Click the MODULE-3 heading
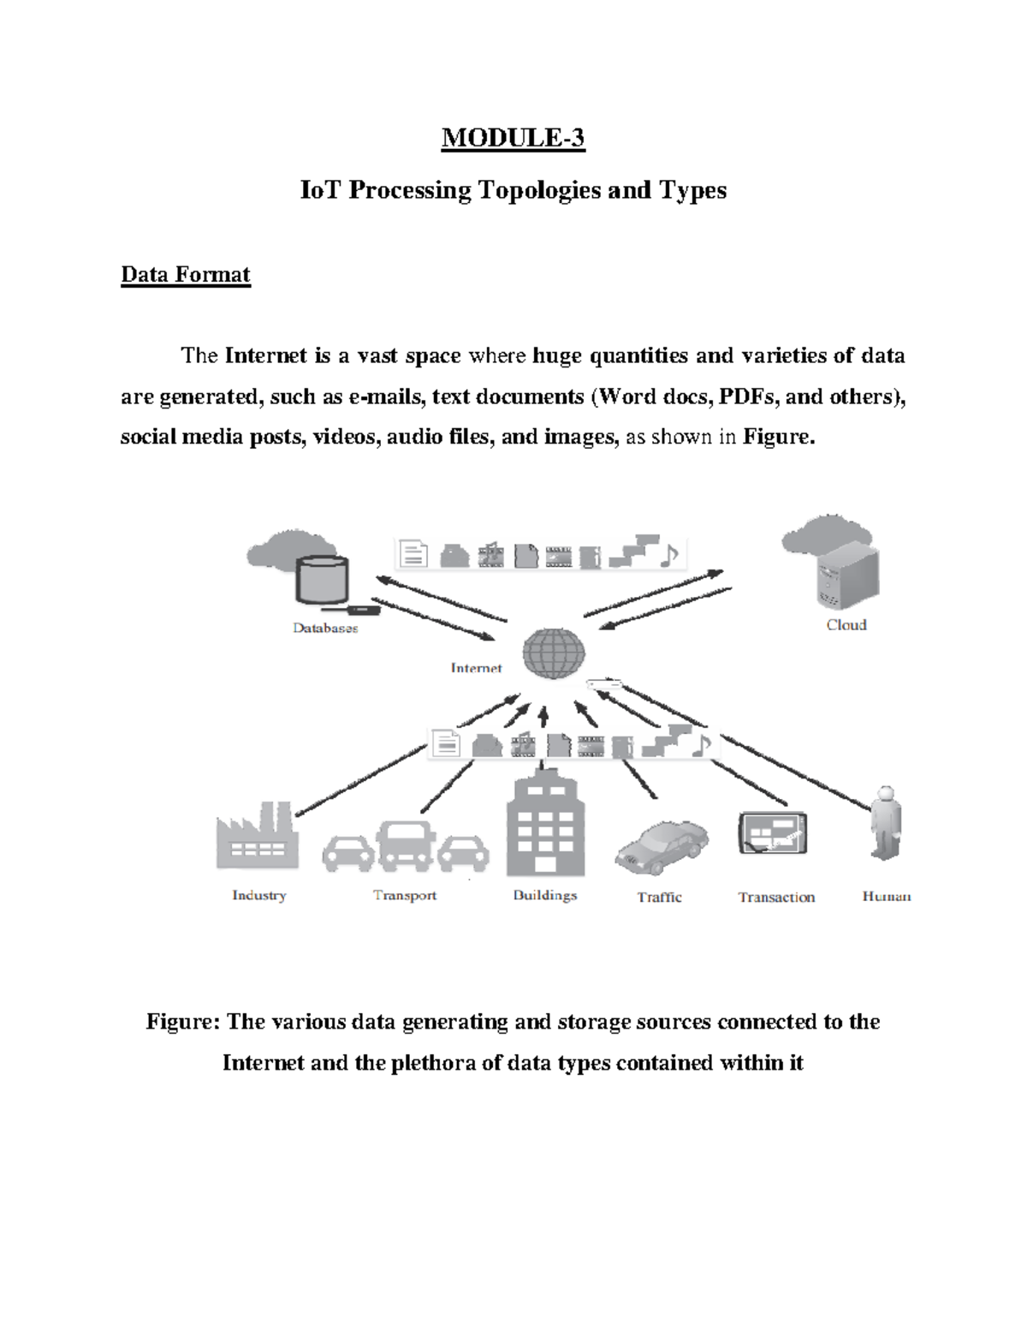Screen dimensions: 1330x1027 pos(513,138)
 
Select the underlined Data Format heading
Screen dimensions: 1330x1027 pos(185,275)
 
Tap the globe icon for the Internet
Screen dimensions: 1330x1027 pos(554,653)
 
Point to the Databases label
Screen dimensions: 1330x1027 pos(325,628)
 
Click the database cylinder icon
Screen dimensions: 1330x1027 pos(322,581)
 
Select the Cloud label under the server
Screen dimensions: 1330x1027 pos(846,625)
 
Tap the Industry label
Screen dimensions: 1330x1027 pos(258,895)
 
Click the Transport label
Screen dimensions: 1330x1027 pos(405,895)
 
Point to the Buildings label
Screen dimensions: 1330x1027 pos(545,895)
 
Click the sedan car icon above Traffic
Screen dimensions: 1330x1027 pos(662,847)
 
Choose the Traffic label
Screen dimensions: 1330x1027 pos(659,898)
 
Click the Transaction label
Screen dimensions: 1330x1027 pos(776,898)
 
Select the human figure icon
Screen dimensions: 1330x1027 pos(886,823)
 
